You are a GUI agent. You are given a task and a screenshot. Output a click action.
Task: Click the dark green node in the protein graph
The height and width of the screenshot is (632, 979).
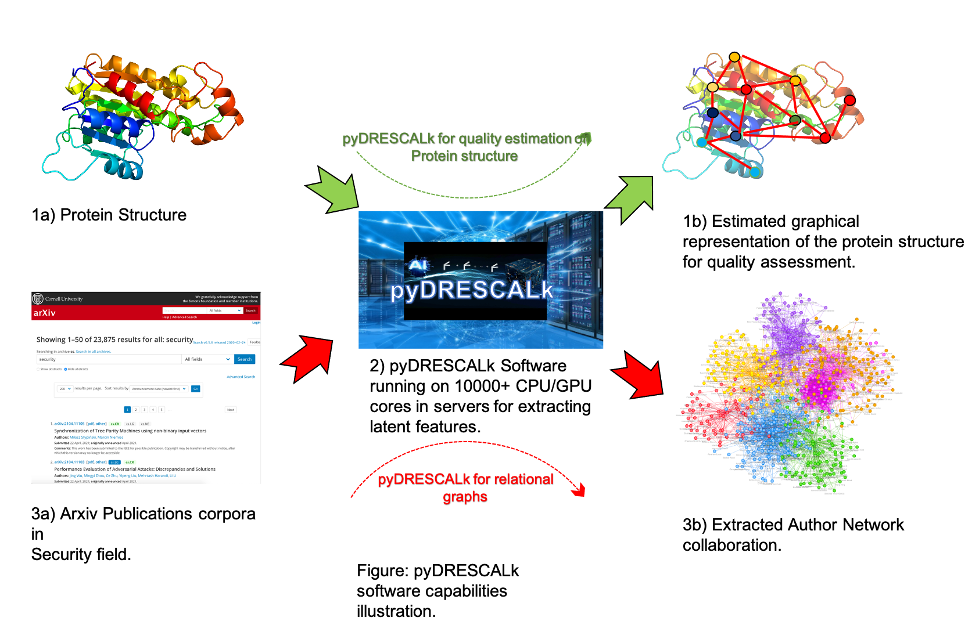795,120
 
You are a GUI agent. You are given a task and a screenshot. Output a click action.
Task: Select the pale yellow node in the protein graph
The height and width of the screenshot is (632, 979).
713,87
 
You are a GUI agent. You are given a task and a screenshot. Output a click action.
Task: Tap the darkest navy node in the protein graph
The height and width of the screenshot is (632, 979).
712,113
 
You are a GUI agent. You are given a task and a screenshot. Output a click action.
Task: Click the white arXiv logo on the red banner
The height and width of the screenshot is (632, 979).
44,313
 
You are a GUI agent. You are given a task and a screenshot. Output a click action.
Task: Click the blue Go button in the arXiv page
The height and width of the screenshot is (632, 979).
196,389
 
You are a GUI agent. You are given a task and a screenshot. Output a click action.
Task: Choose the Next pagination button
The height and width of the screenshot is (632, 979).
231,410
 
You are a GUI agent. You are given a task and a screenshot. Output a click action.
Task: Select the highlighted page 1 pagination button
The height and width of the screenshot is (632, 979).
127,410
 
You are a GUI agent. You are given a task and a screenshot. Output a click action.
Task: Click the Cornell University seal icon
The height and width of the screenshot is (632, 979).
38,298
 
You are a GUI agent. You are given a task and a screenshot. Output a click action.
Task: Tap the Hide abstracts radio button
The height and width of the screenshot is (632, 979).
66,369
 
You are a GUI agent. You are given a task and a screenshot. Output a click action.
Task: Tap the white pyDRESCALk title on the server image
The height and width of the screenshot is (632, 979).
471,290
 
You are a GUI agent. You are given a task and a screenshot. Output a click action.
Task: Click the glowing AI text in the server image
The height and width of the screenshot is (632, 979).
418,265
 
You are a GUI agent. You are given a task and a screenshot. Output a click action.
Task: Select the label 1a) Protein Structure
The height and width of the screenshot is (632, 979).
109,215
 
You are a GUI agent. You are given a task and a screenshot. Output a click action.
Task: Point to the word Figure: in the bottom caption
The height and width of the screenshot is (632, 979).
383,570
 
